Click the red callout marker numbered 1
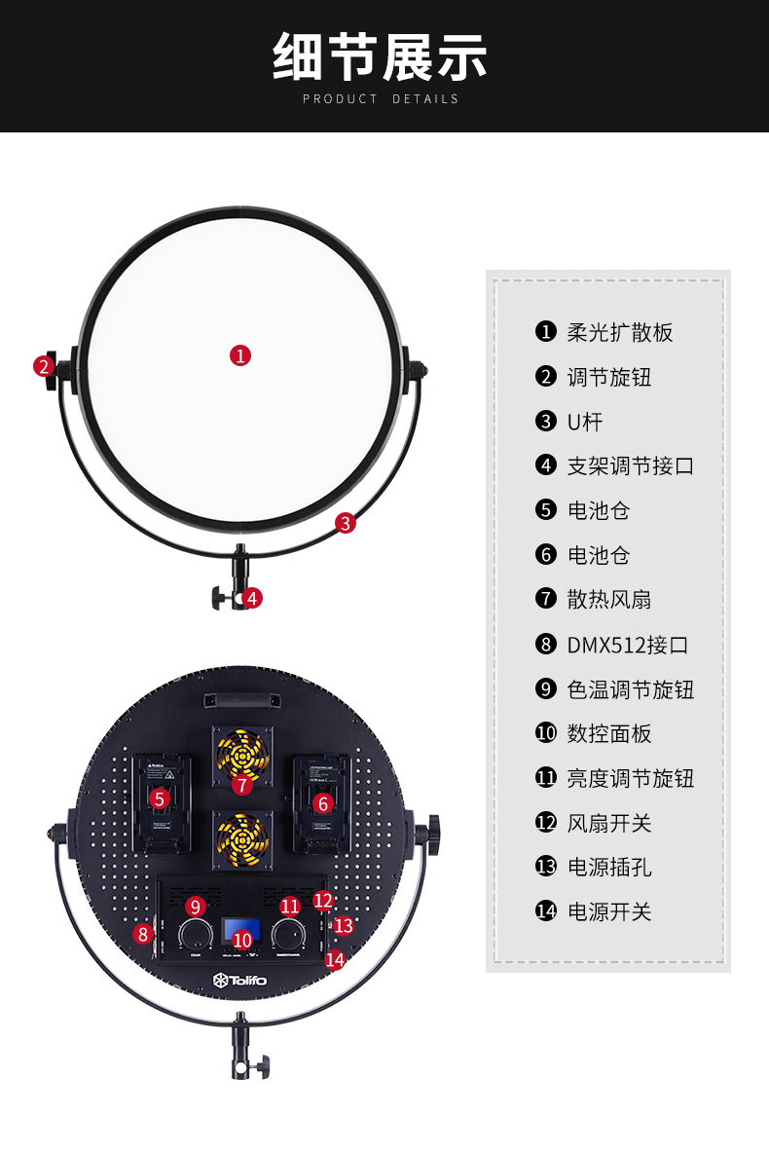[240, 355]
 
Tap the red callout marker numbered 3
[346, 523]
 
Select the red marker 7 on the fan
[241, 784]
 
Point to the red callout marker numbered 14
[335, 960]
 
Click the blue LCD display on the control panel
[241, 931]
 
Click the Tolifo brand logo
[239, 980]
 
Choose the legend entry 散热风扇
[609, 600]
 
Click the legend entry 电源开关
[609, 911]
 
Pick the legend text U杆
[585, 422]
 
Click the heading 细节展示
[381, 56]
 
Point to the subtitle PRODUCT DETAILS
[381, 98]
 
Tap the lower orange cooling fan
[241, 839]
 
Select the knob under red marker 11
[288, 936]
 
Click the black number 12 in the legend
[546, 823]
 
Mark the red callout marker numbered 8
[144, 934]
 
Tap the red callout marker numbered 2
[43, 367]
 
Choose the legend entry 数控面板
[609, 733]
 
